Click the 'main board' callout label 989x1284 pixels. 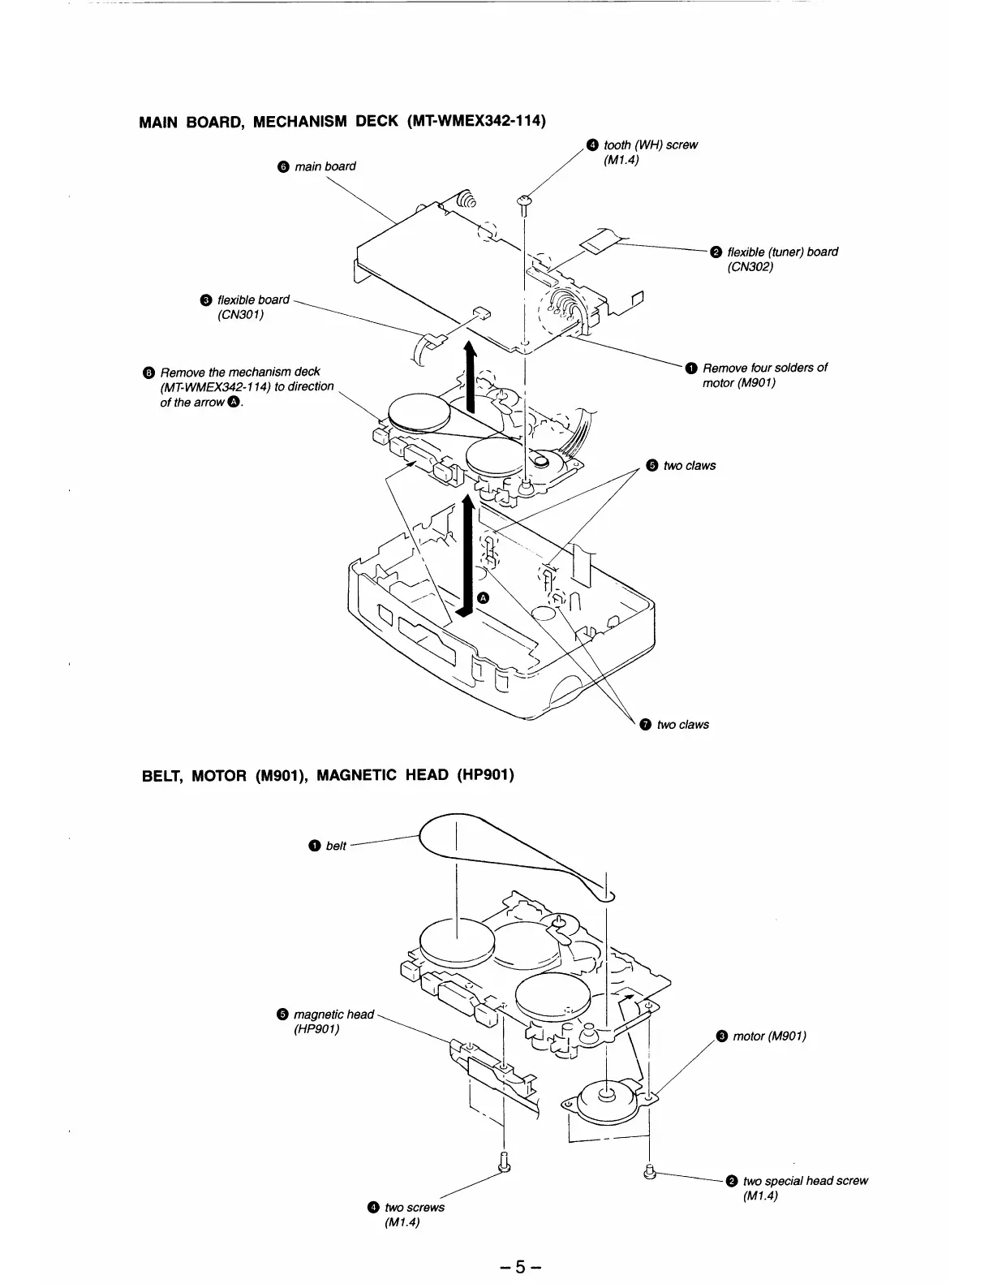324,166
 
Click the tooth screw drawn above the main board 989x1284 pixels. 524,201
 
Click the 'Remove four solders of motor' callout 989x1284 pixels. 763,368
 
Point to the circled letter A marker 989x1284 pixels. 484,597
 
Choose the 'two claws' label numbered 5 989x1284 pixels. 689,466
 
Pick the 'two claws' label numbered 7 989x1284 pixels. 682,724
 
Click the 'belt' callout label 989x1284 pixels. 335,846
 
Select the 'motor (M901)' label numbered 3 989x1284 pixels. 768,1036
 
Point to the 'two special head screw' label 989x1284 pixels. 805,1181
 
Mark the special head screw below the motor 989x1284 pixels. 648,1171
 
